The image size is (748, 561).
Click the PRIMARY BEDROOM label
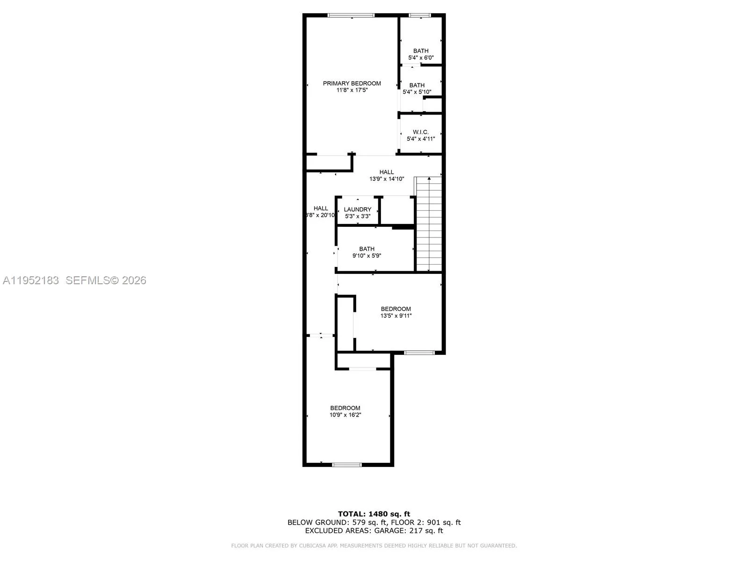pyautogui.click(x=352, y=83)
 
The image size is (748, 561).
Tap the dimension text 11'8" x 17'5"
pyautogui.click(x=352, y=90)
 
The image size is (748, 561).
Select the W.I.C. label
pyautogui.click(x=421, y=132)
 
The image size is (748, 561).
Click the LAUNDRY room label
pyautogui.click(x=358, y=209)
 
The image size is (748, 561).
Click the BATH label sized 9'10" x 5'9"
pyautogui.click(x=367, y=249)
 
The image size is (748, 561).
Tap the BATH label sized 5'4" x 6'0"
pyautogui.click(x=421, y=51)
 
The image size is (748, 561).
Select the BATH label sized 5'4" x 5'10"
pyautogui.click(x=417, y=85)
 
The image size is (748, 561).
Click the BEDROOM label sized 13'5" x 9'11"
pyautogui.click(x=396, y=309)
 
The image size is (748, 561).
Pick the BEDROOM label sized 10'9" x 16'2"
pyautogui.click(x=345, y=408)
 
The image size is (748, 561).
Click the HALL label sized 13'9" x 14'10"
pyautogui.click(x=387, y=172)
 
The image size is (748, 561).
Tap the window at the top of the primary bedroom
pyautogui.click(x=351, y=15)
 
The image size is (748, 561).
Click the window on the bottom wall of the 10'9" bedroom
pyautogui.click(x=346, y=465)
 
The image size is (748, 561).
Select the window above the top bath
pyautogui.click(x=420, y=15)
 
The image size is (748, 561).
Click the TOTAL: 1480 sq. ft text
pyautogui.click(x=374, y=514)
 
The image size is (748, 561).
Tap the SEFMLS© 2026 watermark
pyautogui.click(x=106, y=280)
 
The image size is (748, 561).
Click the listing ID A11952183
pyautogui.click(x=31, y=280)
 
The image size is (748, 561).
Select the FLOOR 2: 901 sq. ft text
pyautogui.click(x=426, y=522)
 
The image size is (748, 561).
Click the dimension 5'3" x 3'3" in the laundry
pyautogui.click(x=358, y=216)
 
